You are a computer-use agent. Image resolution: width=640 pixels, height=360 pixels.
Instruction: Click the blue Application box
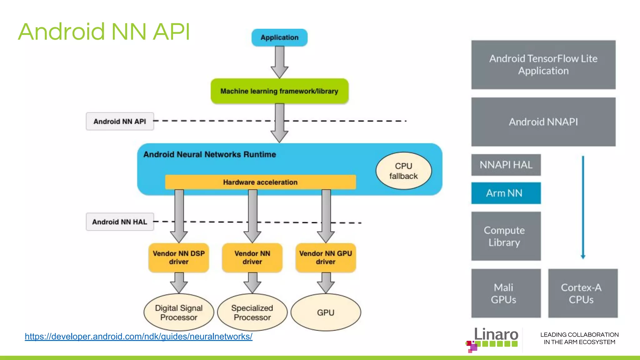coord(279,37)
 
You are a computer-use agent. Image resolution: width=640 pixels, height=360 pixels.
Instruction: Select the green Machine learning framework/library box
coord(279,91)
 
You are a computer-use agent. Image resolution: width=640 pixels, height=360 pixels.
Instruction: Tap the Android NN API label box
coord(120,121)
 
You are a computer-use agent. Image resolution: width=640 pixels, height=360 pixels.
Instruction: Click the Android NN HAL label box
coord(120,222)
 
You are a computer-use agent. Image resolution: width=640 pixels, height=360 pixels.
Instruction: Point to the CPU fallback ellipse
coord(403,171)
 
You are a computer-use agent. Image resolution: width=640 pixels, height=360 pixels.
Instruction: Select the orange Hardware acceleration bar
coord(260,182)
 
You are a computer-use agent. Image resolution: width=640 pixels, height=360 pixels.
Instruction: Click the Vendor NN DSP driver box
coord(179,257)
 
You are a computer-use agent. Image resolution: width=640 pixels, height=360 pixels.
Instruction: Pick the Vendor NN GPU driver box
coord(326,257)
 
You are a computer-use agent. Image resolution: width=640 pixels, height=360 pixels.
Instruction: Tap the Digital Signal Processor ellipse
coord(179,312)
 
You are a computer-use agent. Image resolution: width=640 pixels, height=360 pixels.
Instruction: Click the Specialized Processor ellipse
coord(252,312)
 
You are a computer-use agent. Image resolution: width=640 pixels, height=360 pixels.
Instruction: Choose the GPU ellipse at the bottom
coord(326,312)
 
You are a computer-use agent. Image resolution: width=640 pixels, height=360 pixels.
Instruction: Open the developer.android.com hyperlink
coord(138,337)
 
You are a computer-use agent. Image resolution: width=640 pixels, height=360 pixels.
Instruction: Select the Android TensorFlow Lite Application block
coord(543,65)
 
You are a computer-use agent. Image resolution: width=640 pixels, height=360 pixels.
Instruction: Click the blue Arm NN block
coord(506,193)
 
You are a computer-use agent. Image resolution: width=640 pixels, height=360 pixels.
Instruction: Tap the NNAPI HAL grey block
coord(506,165)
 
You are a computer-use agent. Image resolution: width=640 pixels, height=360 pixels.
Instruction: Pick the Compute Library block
coord(506,236)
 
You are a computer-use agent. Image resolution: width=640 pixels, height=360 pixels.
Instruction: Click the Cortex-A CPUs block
coord(582,293)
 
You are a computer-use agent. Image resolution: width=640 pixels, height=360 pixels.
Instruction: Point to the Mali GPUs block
coord(506,293)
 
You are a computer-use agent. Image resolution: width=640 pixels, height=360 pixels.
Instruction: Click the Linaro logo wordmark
coord(496,335)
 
